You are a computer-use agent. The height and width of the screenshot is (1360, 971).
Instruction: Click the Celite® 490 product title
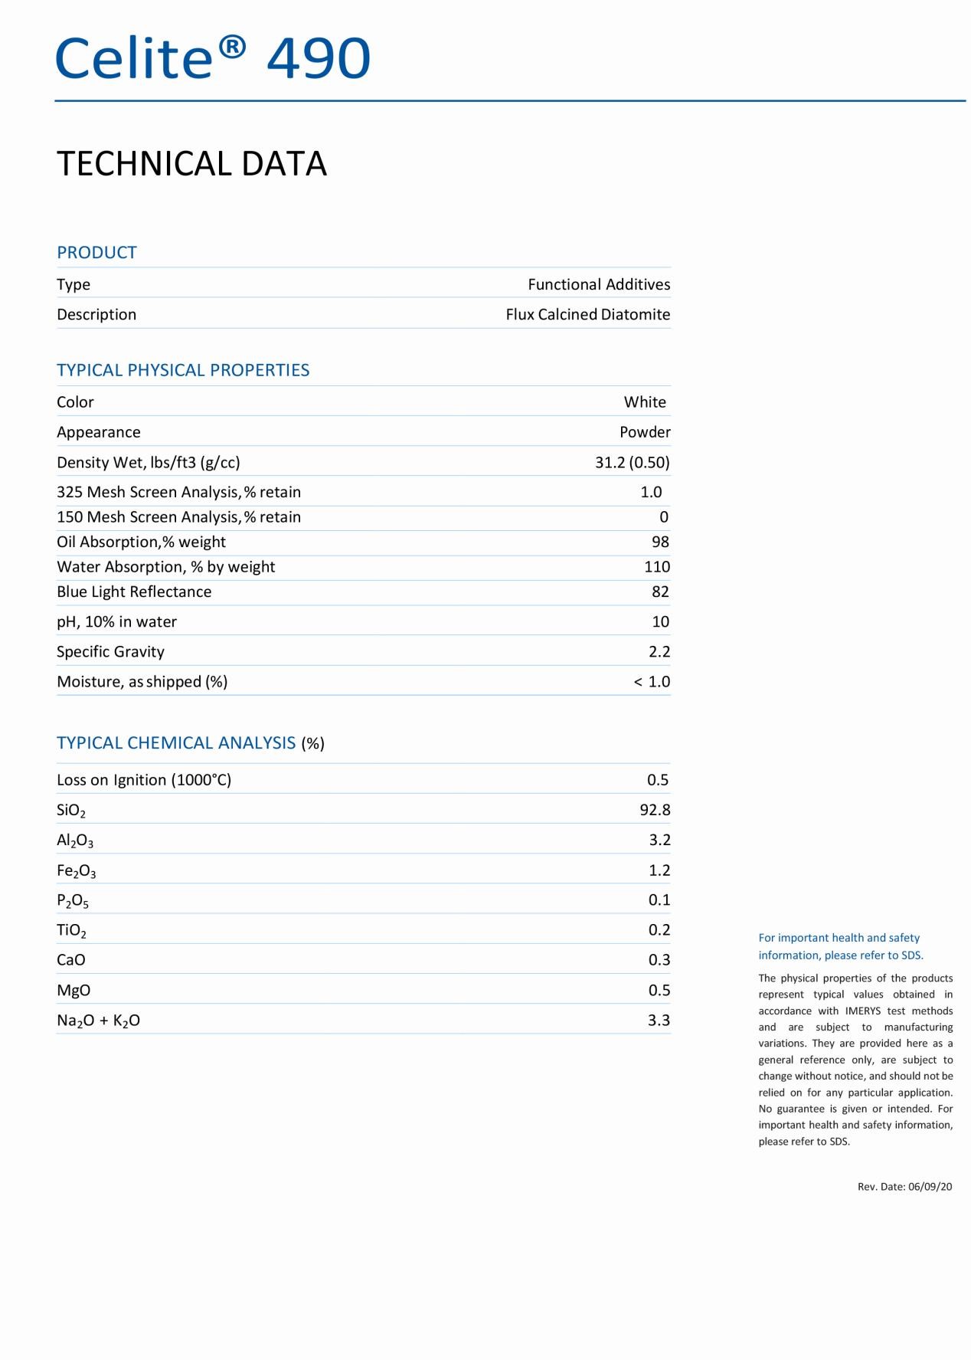click(x=213, y=58)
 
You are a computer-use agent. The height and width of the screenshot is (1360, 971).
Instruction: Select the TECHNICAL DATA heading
click(x=191, y=164)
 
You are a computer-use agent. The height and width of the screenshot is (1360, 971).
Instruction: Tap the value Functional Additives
click(x=599, y=284)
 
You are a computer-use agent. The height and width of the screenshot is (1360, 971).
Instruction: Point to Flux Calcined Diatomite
click(x=587, y=314)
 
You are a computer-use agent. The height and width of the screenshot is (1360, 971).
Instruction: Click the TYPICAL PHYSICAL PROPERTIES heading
click(x=183, y=370)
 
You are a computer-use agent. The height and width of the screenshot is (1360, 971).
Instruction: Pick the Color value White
click(x=645, y=402)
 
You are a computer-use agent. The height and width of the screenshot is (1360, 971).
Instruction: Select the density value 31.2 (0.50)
click(x=632, y=462)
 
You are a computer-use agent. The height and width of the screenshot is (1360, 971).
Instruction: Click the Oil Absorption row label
click(x=141, y=542)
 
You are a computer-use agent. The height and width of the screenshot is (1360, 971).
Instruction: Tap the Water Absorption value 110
click(x=657, y=567)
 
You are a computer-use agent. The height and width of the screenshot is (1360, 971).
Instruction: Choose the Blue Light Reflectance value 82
click(x=660, y=592)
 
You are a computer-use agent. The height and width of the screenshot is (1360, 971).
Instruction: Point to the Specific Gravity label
click(x=110, y=652)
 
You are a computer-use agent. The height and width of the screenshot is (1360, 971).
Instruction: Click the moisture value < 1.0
click(x=652, y=682)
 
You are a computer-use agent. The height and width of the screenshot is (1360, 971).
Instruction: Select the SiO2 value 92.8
click(x=655, y=810)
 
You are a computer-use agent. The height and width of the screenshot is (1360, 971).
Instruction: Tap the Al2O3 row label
click(x=75, y=841)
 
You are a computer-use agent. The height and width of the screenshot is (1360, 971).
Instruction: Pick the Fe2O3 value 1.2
click(x=659, y=870)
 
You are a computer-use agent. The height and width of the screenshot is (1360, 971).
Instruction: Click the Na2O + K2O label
click(x=98, y=1021)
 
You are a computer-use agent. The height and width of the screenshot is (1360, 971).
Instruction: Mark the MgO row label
click(x=74, y=991)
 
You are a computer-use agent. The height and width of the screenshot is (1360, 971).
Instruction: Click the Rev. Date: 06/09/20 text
click(x=904, y=1187)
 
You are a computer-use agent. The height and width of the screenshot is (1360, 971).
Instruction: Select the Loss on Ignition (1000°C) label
click(x=144, y=780)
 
